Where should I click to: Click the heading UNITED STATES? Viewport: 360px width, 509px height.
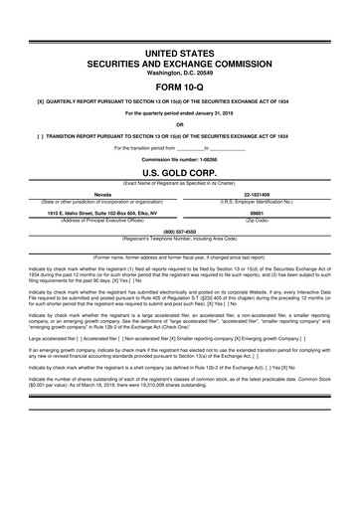tap(180, 50)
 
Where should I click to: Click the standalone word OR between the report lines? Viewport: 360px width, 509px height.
tap(180, 123)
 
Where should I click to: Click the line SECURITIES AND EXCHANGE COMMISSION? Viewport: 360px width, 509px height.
tap(180, 61)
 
